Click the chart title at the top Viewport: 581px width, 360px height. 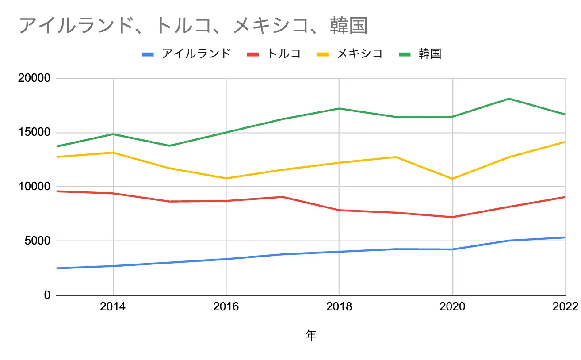tap(193, 26)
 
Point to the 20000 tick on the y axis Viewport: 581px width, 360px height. tap(35, 78)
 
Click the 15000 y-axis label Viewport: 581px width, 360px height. tap(35, 133)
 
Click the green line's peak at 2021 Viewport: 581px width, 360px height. tap(509, 99)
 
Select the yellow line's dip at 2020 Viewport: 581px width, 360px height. tap(452, 179)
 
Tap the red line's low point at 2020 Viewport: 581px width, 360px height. tap(452, 217)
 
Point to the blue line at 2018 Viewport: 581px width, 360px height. tap(339, 252)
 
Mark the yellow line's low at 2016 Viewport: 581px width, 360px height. tap(226, 178)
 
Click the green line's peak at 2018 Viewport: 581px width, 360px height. tap(339, 108)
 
